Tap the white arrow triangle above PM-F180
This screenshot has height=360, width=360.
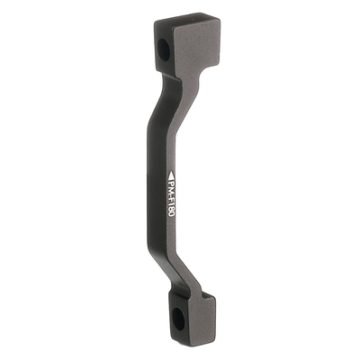click(x=171, y=175)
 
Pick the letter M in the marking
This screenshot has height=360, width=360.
click(x=171, y=192)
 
